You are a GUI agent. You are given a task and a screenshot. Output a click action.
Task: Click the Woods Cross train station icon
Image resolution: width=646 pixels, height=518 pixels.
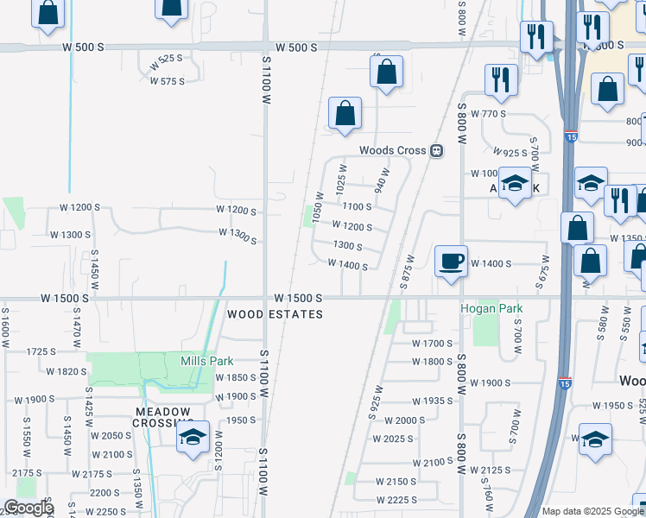coord(436,150)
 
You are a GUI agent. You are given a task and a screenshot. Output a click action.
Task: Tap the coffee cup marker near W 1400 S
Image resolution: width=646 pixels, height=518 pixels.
coord(452,261)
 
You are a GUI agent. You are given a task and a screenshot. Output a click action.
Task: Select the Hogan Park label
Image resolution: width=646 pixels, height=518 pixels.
coord(486,307)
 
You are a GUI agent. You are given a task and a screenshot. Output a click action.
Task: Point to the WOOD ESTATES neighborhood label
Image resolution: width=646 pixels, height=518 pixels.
coord(275,315)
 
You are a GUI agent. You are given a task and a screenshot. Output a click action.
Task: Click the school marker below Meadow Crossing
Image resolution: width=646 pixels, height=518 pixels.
coord(193,438)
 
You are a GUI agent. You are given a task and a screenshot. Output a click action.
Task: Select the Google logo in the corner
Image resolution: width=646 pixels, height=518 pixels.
coord(28,508)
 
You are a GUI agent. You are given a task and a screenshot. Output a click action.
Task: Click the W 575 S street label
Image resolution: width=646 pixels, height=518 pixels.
coord(168,81)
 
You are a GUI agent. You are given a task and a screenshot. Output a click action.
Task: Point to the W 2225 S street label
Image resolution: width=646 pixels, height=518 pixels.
coord(398,500)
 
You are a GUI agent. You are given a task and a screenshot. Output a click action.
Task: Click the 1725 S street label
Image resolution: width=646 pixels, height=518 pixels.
coord(41,351)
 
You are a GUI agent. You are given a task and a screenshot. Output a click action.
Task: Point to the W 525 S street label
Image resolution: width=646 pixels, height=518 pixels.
coord(166,59)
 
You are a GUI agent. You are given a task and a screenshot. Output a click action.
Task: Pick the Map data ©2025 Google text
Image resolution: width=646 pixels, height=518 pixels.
coord(592,511)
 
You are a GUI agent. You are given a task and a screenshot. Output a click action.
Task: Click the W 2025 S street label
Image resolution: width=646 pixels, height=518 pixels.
coord(394,439)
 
